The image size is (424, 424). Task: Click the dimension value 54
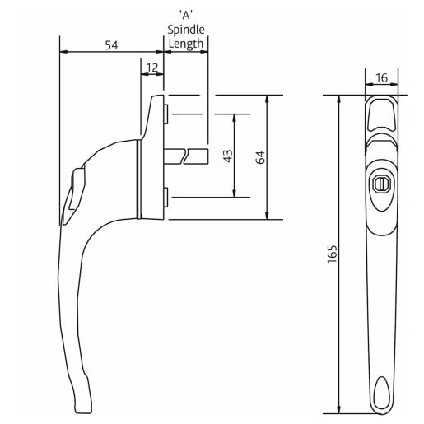(x=111, y=45)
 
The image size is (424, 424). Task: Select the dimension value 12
(x=152, y=67)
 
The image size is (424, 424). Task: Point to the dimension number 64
(x=259, y=156)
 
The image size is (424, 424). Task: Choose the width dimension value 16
(x=381, y=77)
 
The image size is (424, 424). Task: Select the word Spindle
(x=186, y=30)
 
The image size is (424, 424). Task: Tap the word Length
(x=186, y=44)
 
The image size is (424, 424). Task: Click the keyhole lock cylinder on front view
(x=380, y=184)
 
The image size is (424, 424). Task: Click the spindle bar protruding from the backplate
(x=186, y=155)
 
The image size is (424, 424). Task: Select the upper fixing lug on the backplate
(x=166, y=111)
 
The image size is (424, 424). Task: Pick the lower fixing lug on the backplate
(x=166, y=197)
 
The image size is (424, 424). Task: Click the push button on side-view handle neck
(x=77, y=189)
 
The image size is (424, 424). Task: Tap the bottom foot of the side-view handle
(x=82, y=403)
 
